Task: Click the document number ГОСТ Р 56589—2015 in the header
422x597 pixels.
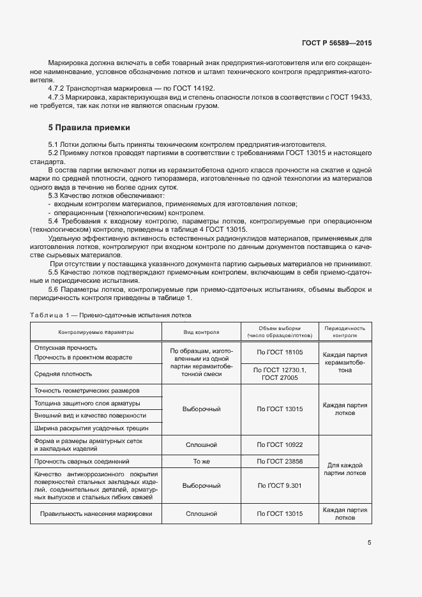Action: coord(336,43)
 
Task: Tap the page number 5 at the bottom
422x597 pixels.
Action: coord(369,543)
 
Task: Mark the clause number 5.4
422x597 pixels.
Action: coord(54,221)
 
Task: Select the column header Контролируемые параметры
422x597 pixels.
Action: coord(96,332)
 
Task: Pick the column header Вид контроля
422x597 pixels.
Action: coord(202,332)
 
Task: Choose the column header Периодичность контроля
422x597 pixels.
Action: coord(345,331)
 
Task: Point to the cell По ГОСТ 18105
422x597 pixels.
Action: coord(279,352)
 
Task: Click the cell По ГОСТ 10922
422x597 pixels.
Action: coord(279,444)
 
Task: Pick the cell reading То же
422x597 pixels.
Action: coord(202,460)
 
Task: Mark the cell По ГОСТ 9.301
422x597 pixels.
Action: coord(279,485)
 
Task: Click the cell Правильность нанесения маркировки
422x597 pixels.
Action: coord(96,513)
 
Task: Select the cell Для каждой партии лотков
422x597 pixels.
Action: coord(345,469)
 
